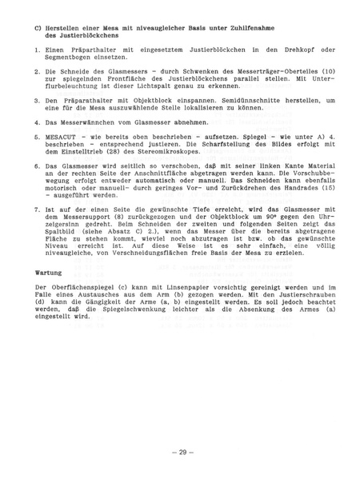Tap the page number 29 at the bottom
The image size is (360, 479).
180,453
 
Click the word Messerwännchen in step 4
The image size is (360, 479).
81,122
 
